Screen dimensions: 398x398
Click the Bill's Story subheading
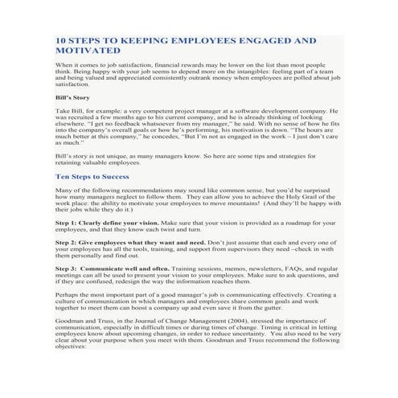[x=72, y=98]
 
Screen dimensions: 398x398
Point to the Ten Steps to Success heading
[x=92, y=176]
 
